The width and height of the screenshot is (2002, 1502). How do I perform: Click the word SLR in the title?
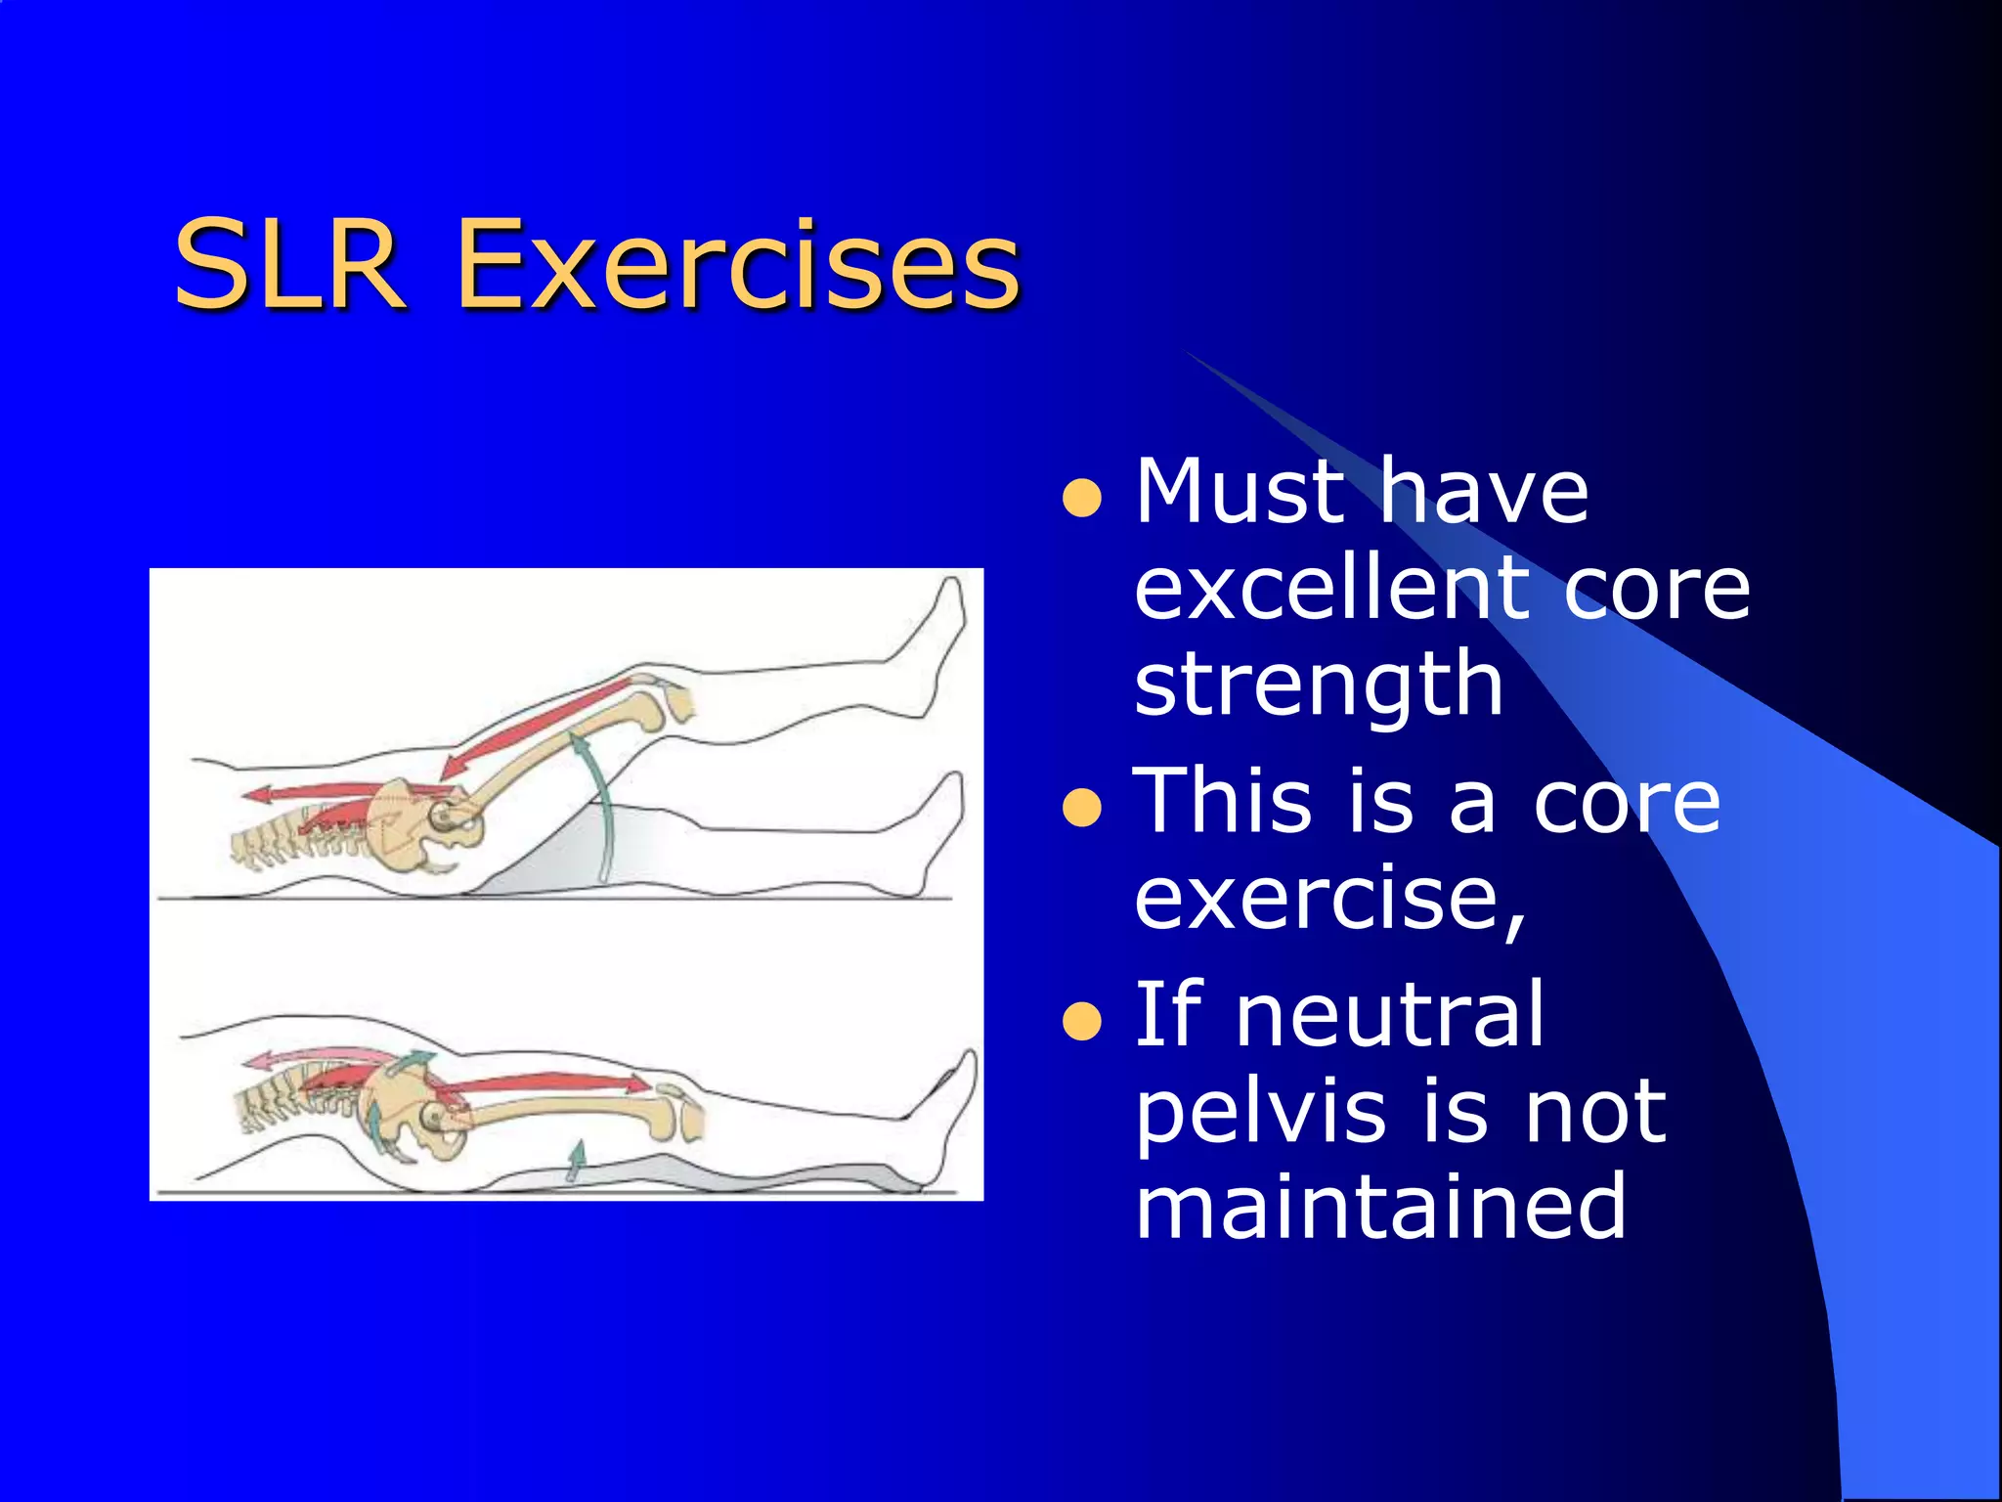coord(289,264)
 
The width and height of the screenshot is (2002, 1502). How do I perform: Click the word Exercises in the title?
coord(738,264)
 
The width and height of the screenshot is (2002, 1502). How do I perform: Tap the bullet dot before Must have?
coord(1081,498)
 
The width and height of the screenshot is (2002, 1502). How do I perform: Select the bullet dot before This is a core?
coord(1081,808)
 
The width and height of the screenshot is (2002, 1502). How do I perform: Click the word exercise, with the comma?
coord(1329,900)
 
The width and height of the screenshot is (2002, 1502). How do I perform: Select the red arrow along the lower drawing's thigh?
coord(547,1082)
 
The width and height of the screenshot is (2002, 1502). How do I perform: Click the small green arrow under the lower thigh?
coord(577,1160)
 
